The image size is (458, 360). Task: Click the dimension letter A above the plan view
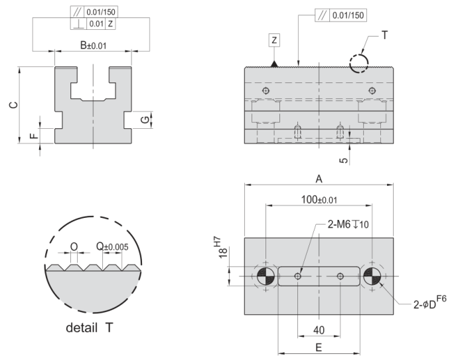click(x=319, y=179)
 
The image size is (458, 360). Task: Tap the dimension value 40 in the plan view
click(x=319, y=330)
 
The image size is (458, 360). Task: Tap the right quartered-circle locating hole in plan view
click(x=372, y=276)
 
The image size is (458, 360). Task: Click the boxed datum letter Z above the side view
click(x=275, y=39)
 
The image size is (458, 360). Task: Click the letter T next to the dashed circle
click(x=385, y=34)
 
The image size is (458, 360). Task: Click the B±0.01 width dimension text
click(x=94, y=46)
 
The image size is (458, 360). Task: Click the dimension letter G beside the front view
click(x=144, y=120)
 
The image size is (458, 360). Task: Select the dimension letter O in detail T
click(x=74, y=246)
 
